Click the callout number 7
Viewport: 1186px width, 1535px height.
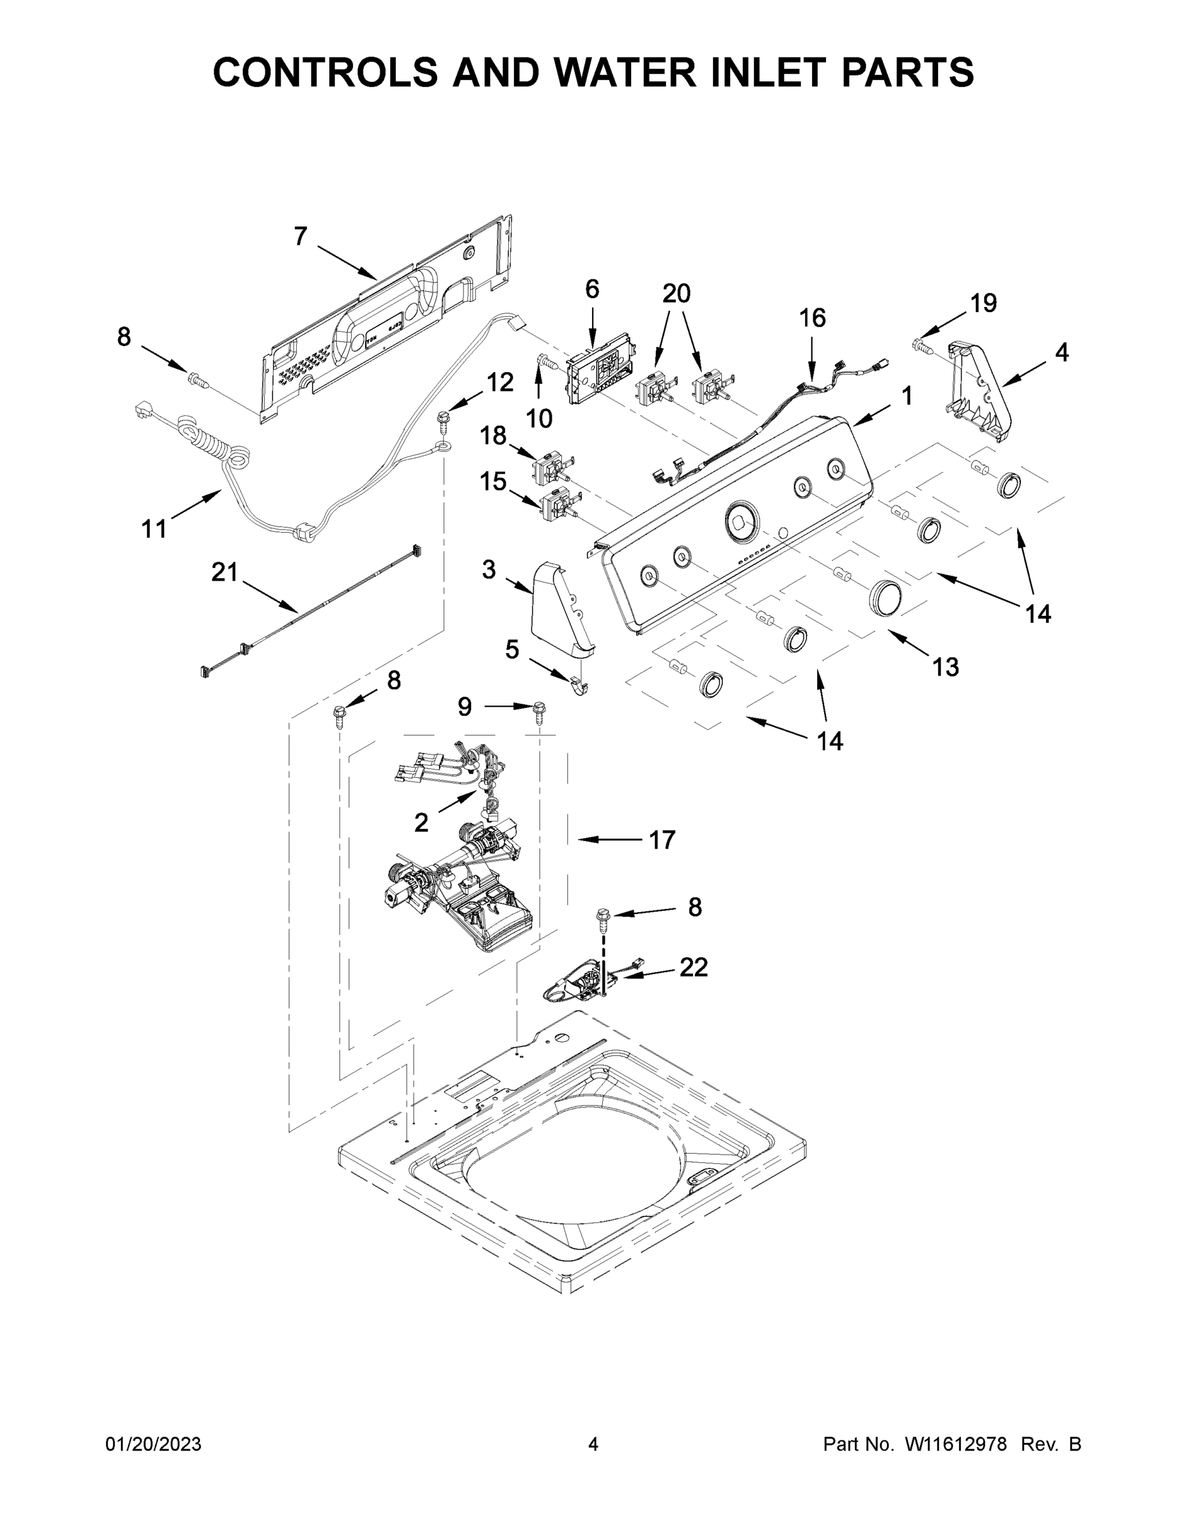click(x=300, y=237)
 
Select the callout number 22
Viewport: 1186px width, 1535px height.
click(x=693, y=968)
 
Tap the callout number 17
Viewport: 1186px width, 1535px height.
click(x=662, y=839)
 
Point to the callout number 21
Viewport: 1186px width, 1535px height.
click(x=225, y=573)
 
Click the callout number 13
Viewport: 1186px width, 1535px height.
click(x=946, y=666)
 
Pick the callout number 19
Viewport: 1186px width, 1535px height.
click(x=983, y=303)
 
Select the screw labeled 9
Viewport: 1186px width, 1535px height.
click(x=539, y=712)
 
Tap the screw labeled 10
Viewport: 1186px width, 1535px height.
click(x=546, y=363)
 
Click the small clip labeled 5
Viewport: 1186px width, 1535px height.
click(x=579, y=685)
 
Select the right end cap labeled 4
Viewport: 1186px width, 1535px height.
click(x=981, y=391)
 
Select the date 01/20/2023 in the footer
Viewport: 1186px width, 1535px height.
click(x=153, y=1444)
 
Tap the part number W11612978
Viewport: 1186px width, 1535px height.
click(x=956, y=1444)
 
